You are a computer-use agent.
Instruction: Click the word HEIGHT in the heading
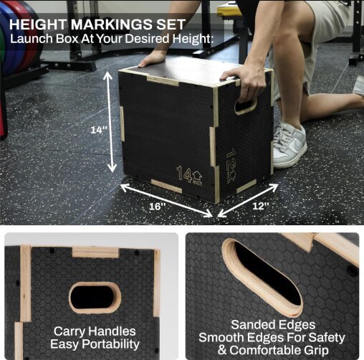tap(39, 24)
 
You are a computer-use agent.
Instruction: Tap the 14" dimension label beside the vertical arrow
tap(99, 130)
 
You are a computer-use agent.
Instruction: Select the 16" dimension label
tap(158, 207)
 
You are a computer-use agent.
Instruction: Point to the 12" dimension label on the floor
tap(261, 206)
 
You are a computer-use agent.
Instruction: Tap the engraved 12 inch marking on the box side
tap(231, 166)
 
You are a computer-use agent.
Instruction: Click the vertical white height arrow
tap(110, 122)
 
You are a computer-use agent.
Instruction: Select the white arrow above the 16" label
tap(166, 200)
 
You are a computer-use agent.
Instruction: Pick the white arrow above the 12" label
tap(248, 201)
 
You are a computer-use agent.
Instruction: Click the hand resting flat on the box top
tap(152, 59)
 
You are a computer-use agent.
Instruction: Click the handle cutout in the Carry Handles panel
tap(95, 297)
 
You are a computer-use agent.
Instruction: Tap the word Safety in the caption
tap(326, 338)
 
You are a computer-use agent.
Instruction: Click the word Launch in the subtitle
tap(31, 39)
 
